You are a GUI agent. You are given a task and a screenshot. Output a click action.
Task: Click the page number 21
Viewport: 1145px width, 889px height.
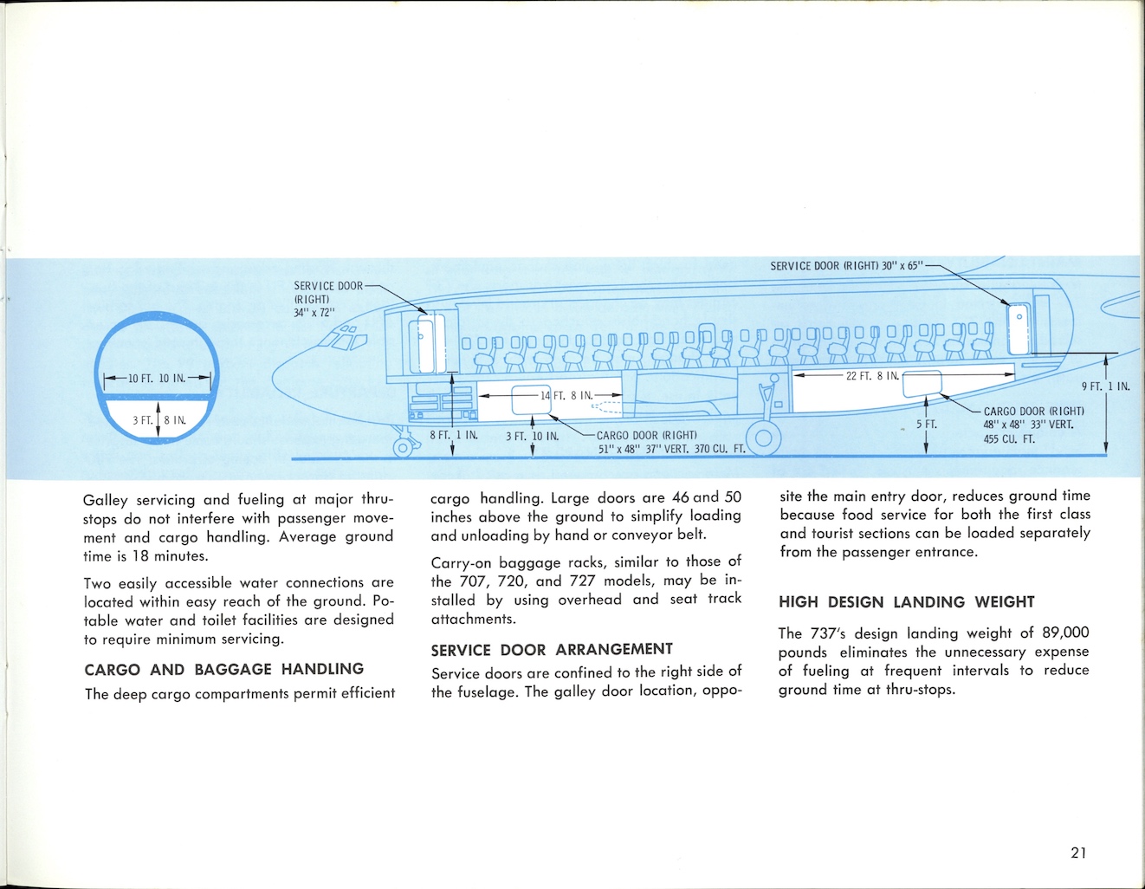[1078, 853]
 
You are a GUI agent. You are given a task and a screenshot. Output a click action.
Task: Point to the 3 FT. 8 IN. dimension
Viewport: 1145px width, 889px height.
[159, 421]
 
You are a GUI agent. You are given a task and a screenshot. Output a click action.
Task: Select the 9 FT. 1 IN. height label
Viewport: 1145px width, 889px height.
[1106, 386]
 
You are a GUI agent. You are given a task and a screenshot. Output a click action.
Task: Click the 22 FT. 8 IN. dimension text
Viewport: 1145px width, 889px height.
[872, 376]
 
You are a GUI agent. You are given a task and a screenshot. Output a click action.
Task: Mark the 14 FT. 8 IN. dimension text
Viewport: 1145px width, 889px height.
[566, 396]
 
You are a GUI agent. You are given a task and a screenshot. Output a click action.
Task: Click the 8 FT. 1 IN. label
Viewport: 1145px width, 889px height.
[454, 435]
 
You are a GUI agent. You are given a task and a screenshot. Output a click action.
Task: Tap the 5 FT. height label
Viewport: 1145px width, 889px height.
[927, 425]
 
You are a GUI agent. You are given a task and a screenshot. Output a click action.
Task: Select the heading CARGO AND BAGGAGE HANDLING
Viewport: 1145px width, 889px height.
[223, 669]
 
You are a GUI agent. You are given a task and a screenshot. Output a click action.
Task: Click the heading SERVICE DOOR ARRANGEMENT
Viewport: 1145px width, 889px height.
[552, 649]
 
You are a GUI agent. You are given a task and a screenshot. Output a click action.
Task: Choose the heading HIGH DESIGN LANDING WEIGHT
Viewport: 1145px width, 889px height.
[906, 602]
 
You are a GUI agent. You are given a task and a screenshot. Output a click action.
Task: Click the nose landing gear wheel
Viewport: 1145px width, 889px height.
[402, 447]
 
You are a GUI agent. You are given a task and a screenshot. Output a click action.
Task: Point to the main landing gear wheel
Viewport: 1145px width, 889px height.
[763, 438]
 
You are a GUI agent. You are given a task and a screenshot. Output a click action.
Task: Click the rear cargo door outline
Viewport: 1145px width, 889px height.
[922, 383]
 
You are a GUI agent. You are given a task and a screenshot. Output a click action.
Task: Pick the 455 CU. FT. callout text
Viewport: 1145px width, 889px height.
[1009, 439]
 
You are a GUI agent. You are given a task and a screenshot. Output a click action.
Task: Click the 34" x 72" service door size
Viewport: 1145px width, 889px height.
[314, 313]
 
